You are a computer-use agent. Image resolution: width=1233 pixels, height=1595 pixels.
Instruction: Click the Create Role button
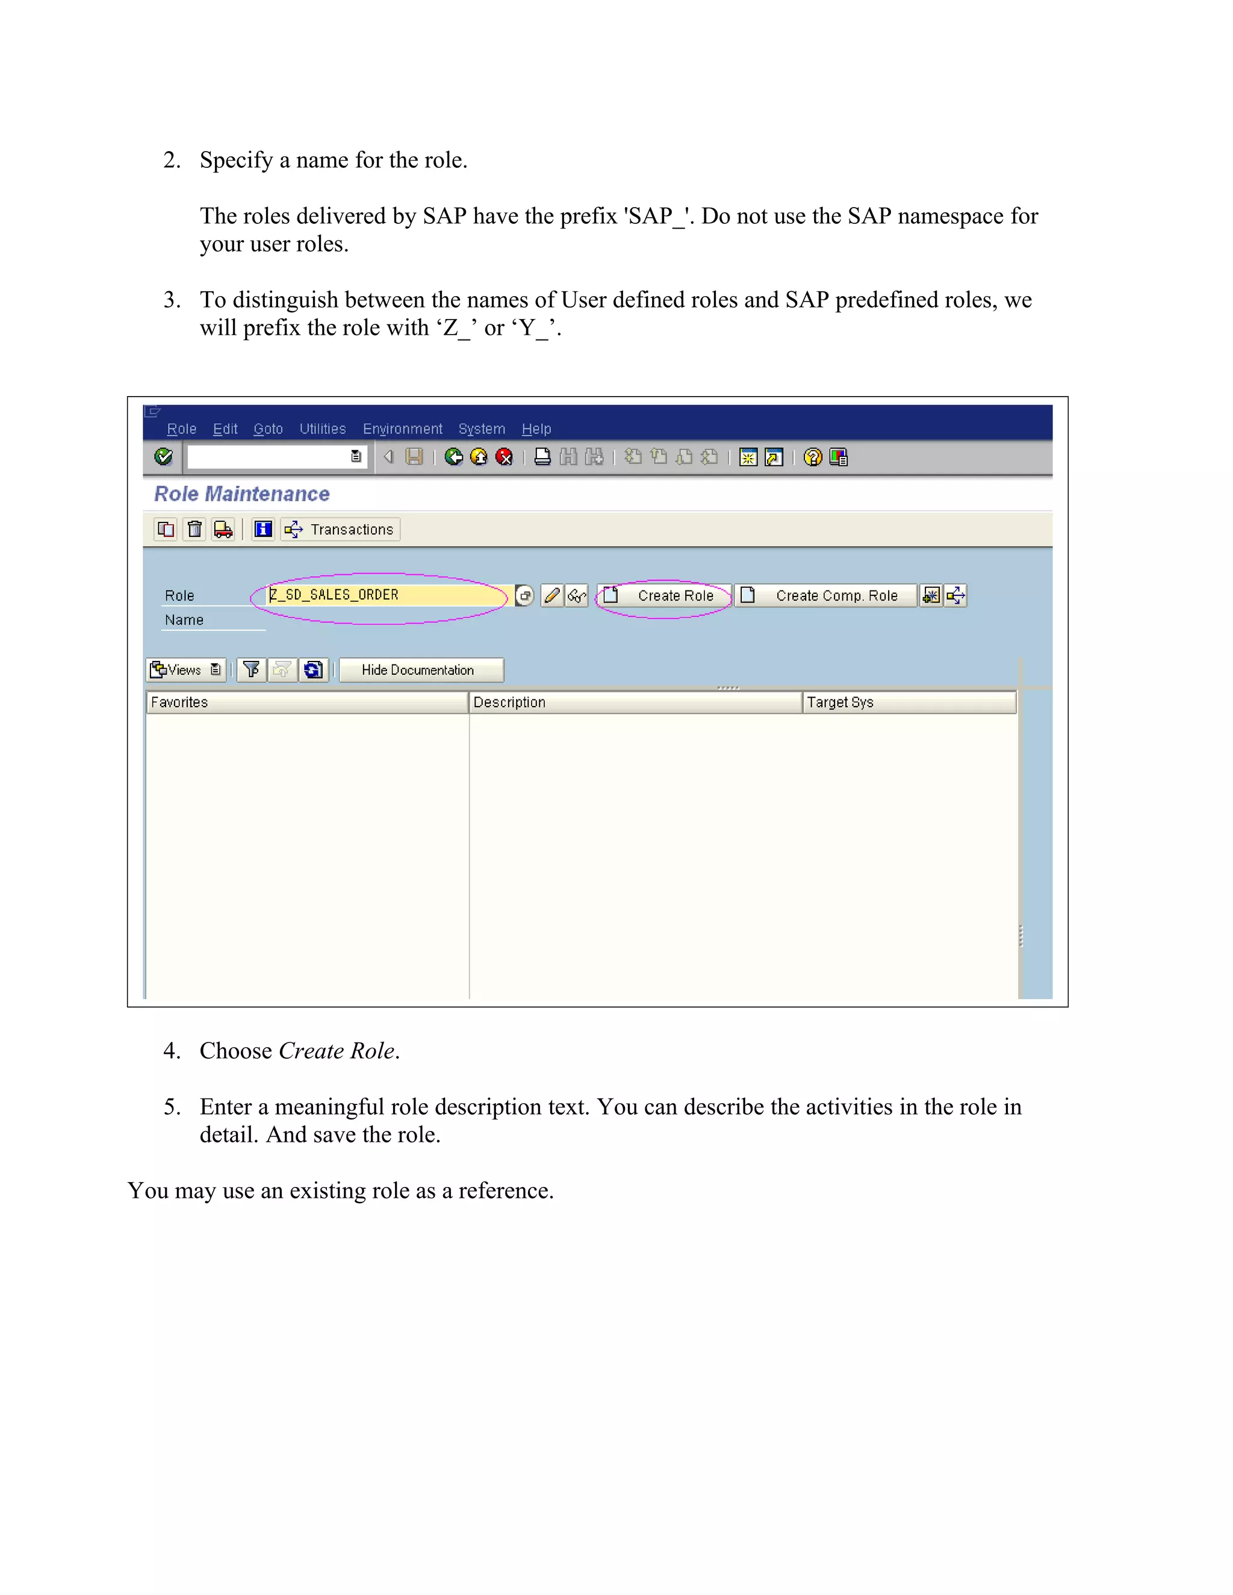tap(664, 596)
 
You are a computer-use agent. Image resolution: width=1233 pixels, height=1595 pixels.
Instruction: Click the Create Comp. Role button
tap(825, 596)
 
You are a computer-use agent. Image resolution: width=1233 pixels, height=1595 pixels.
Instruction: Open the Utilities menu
tap(322, 429)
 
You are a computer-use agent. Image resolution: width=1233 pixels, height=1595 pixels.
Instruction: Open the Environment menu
tap(403, 429)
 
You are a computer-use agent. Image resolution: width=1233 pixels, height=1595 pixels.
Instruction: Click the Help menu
tap(536, 429)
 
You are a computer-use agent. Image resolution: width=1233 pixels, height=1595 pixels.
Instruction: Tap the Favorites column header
tap(307, 702)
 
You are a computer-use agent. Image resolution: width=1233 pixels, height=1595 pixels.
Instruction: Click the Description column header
tap(636, 702)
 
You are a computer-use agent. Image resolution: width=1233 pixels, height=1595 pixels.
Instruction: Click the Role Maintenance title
tap(242, 494)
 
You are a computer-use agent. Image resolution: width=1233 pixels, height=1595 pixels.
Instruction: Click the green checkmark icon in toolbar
tap(164, 457)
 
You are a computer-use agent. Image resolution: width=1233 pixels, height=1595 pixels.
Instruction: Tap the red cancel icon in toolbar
tap(504, 457)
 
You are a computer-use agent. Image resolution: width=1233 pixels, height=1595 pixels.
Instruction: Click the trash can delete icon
tap(194, 530)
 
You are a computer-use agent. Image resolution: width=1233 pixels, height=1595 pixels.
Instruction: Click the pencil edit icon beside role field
tap(552, 596)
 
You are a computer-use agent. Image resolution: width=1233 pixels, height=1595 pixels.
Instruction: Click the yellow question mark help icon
tap(812, 457)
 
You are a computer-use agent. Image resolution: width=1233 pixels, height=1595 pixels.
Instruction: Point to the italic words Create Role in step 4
tap(338, 1051)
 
